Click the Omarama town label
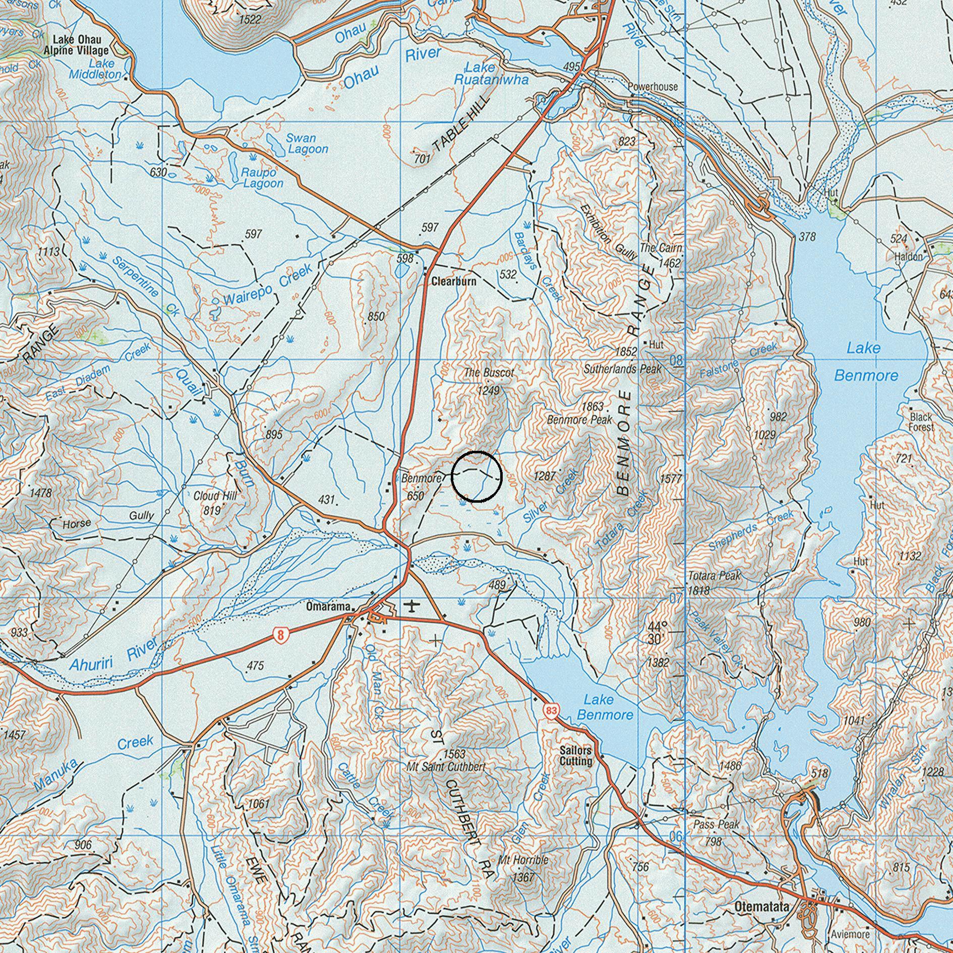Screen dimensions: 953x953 328,607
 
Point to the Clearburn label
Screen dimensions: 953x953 453,282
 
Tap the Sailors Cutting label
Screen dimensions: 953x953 576,756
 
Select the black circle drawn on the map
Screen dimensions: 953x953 476,476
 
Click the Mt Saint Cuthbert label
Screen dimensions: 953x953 446,766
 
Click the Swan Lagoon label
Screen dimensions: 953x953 307,143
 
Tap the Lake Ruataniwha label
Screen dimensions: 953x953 491,74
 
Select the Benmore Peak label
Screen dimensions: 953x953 580,420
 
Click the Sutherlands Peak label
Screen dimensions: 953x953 622,369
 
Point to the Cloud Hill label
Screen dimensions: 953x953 215,496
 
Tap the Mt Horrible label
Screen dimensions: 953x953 523,860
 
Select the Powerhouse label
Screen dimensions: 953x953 652,87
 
